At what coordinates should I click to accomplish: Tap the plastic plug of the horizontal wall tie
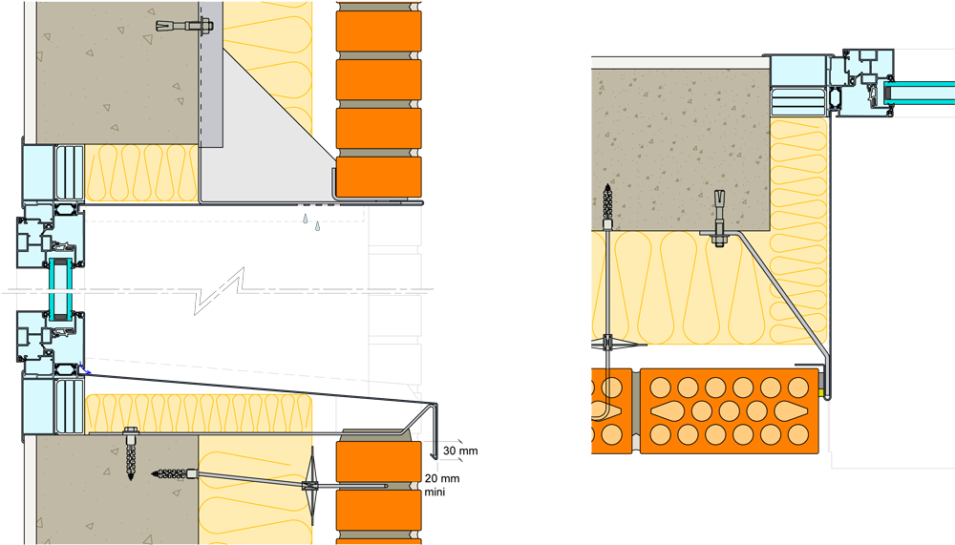172,472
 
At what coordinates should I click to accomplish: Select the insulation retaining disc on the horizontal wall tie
312,476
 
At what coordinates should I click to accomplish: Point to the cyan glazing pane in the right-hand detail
917,93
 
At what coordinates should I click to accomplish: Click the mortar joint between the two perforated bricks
635,409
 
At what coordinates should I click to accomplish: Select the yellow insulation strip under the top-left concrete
143,172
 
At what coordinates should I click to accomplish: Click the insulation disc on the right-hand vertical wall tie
607,341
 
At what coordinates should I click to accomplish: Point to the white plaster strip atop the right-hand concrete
680,63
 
